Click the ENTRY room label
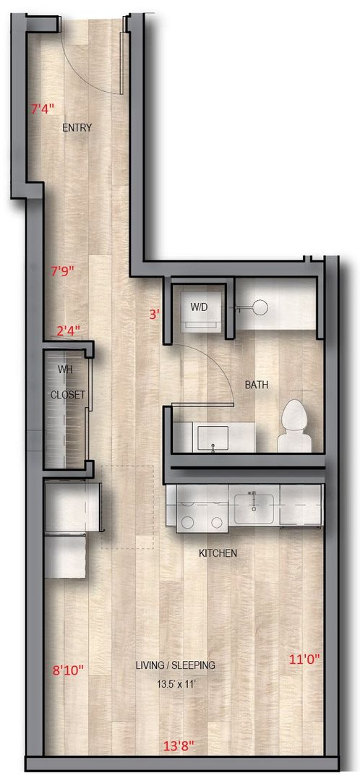(x=77, y=128)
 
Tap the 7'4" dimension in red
(x=42, y=109)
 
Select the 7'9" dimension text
(x=63, y=271)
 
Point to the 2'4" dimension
(x=68, y=330)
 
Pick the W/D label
(x=200, y=307)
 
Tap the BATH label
(x=257, y=385)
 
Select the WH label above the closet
(x=66, y=370)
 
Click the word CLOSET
(x=68, y=395)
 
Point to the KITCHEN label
(x=218, y=553)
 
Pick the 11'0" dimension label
(x=304, y=659)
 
